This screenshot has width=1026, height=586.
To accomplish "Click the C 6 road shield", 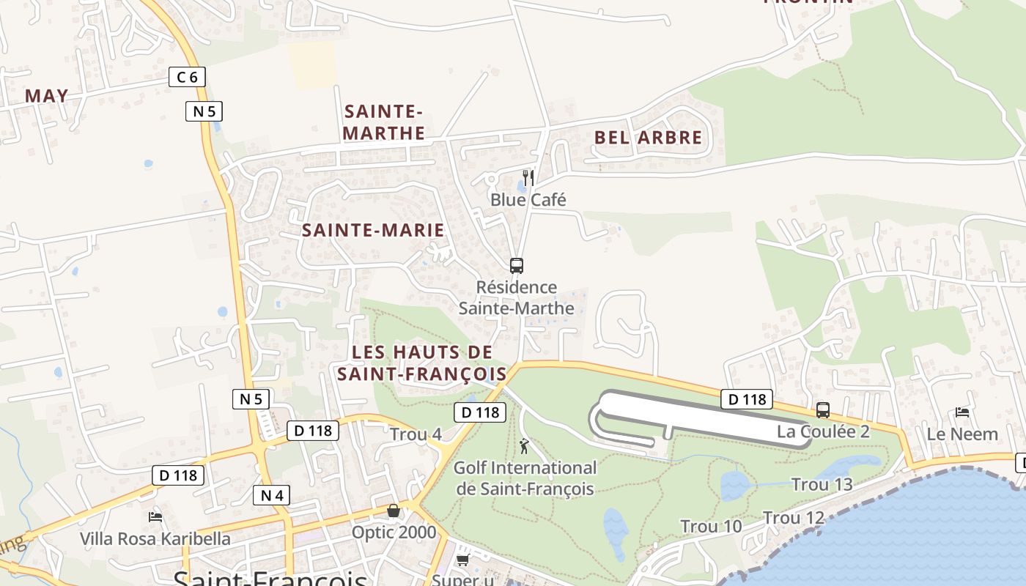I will tap(187, 77).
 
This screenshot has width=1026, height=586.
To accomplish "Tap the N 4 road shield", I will tap(271, 496).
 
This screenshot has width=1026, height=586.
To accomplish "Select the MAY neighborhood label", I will tap(47, 96).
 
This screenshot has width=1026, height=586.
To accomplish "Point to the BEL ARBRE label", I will tap(648, 137).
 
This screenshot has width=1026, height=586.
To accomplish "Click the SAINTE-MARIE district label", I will tap(373, 230).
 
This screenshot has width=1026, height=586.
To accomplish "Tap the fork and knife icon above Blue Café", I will tap(528, 178).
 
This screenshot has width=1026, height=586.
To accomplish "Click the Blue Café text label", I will tap(528, 200).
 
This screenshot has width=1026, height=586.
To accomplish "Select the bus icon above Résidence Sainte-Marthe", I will tap(517, 266).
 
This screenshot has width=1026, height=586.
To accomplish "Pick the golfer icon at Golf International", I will tap(524, 445).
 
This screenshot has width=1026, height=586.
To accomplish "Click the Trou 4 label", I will tap(416, 434).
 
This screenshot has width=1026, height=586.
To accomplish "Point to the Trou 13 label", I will tap(822, 484).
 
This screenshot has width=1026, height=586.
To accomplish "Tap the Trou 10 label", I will tap(711, 526).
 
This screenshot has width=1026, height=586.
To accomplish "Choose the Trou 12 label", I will tap(794, 518).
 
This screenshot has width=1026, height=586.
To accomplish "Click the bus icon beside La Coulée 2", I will tap(823, 410).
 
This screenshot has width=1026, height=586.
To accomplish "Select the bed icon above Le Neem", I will tap(962, 412).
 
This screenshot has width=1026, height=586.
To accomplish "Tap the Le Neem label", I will tap(962, 434).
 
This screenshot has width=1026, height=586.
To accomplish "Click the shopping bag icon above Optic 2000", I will tap(394, 511).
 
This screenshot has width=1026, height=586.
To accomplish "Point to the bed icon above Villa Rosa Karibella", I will tap(155, 517).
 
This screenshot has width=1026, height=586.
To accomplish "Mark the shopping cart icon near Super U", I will tap(462, 560).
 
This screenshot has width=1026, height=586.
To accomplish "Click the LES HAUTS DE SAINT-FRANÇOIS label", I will tap(422, 363).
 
